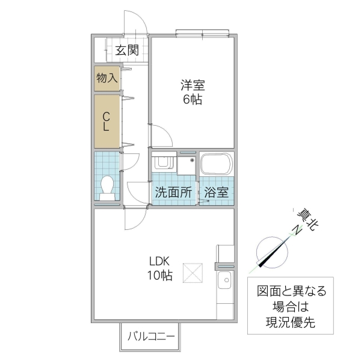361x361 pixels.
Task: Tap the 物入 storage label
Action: [106, 78]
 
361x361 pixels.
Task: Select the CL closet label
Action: [106, 122]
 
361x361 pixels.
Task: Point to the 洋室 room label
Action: [193, 86]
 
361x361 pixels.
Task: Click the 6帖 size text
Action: [193, 100]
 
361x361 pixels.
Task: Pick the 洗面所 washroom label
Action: [174, 193]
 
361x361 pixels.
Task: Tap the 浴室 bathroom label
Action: [216, 193]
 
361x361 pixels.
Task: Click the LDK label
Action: [161, 262]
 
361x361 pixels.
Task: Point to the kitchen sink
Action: [226, 280]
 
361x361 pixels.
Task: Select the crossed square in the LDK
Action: [194, 272]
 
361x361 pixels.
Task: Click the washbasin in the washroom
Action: [163, 163]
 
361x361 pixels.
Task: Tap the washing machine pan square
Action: [187, 164]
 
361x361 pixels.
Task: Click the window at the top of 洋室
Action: [202, 33]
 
